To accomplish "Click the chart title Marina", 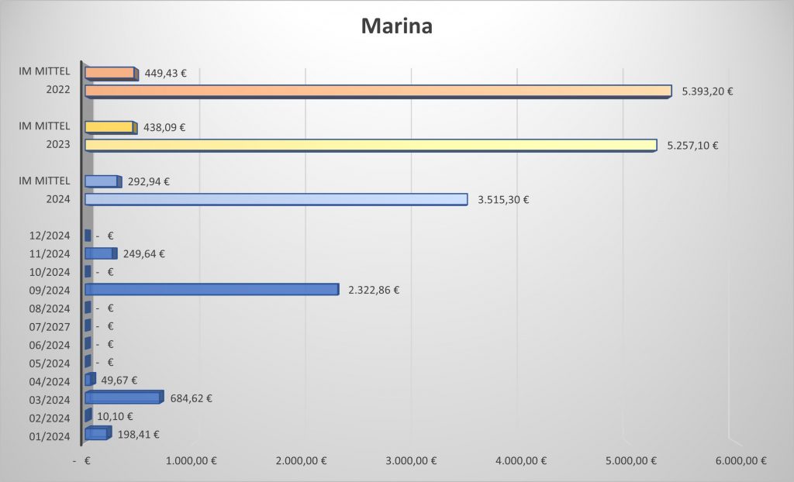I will tap(396, 26).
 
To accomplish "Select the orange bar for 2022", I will tap(378, 91).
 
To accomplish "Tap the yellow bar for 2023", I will tap(370, 145).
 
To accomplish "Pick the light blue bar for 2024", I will tap(275, 199).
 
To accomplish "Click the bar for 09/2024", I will tap(211, 289).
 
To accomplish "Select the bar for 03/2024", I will tap(123, 398).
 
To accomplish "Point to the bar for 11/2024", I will tap(100, 253).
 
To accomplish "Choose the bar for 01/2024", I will tap(97, 433).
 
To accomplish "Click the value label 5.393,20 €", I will tap(707, 91).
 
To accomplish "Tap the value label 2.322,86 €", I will tap(374, 290).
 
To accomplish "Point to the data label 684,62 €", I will tap(191, 398).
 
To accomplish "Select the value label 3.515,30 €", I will tap(503, 199).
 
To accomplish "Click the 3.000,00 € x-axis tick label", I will tap(411, 460).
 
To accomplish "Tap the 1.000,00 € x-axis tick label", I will tap(192, 460).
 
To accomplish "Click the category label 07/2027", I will tap(49, 326).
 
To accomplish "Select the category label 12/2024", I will tap(49, 236).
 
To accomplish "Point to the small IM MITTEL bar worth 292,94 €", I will tap(102, 181).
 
